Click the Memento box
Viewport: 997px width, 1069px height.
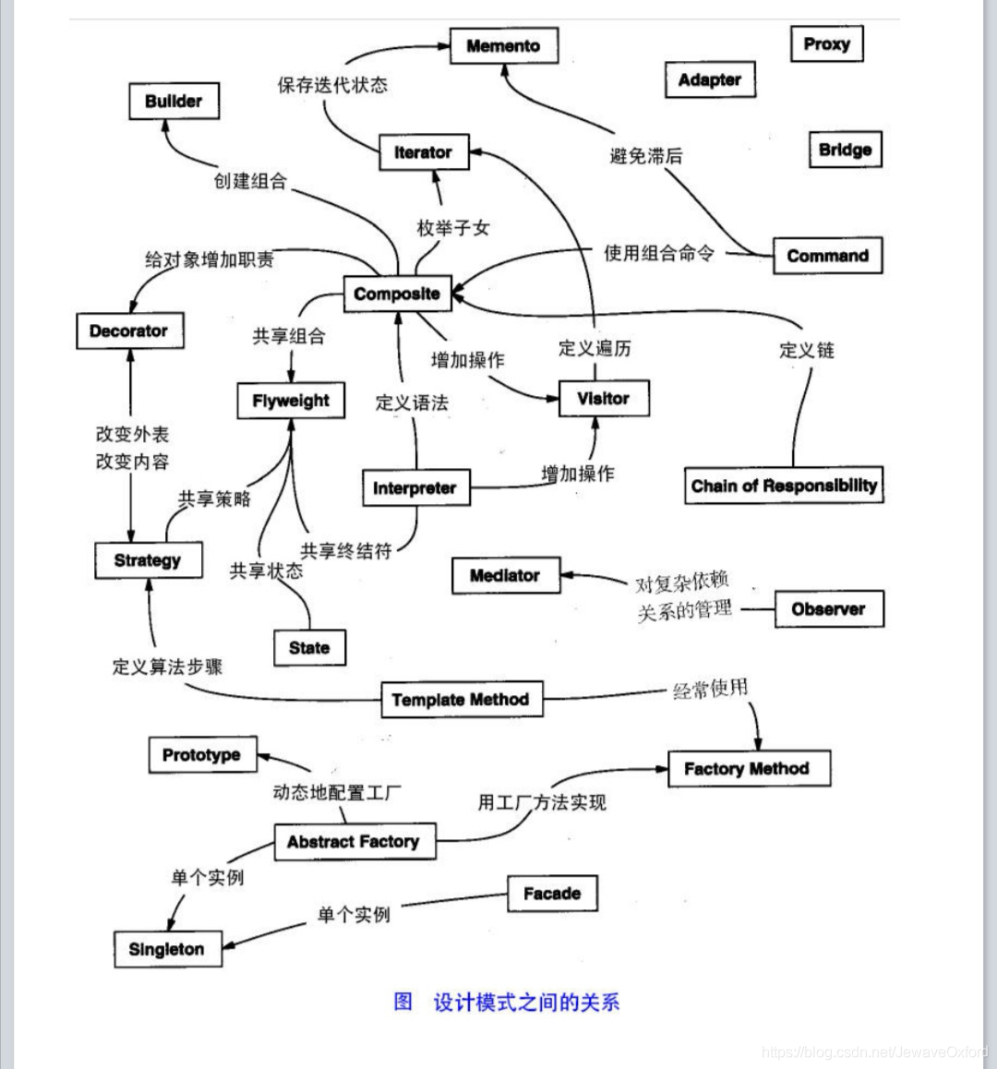504,46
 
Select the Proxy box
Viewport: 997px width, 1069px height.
826,44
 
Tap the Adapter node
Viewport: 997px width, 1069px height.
709,80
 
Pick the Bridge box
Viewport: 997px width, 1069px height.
845,150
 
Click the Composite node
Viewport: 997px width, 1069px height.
397,294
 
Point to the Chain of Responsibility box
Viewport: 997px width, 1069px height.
784,486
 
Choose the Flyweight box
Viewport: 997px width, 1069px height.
291,402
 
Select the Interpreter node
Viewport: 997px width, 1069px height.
414,488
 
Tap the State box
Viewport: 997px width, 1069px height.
309,648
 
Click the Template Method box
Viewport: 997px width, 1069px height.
461,700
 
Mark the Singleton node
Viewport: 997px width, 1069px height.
167,949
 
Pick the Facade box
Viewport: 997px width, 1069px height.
552,894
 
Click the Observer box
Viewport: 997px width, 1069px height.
828,609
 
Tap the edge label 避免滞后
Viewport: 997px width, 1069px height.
646,156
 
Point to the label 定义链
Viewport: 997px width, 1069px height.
807,350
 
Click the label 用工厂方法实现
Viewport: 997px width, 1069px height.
542,802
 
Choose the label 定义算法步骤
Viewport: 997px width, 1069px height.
167,667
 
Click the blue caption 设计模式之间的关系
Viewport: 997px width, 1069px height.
526,1003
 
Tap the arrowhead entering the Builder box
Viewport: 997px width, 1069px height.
166,126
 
